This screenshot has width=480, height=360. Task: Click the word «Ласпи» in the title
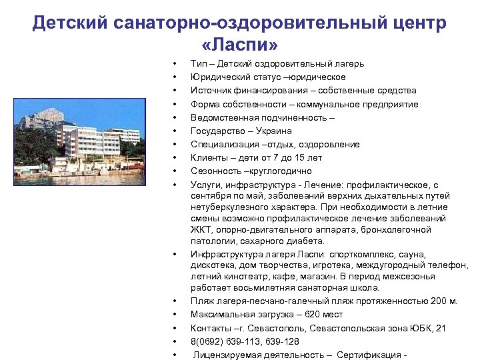coord(239,45)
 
